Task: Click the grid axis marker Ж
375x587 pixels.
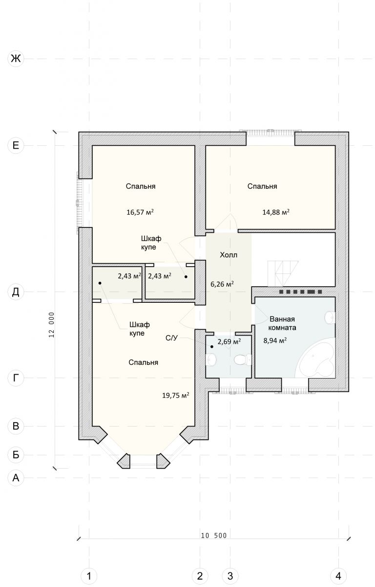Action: click(16, 58)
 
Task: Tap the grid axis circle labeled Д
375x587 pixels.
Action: click(16, 292)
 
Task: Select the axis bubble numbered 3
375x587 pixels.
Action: click(230, 576)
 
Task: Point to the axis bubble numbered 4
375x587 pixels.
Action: click(338, 576)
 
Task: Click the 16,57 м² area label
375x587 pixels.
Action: click(140, 212)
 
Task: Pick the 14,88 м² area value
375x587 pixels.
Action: click(275, 212)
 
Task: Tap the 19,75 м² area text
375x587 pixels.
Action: click(175, 395)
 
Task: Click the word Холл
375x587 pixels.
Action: click(229, 255)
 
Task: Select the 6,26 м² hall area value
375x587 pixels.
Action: click(222, 284)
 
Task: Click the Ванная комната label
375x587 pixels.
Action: click(282, 323)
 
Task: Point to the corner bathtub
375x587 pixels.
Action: click(315, 358)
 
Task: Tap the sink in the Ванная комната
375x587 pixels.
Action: click(330, 317)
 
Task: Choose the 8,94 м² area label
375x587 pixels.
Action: click(275, 340)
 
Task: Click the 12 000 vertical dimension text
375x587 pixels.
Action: click(52, 325)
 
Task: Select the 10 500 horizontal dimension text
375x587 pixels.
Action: click(214, 535)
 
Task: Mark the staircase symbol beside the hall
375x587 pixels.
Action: click(283, 273)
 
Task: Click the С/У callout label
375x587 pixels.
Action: click(171, 338)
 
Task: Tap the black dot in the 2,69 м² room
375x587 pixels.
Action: click(212, 347)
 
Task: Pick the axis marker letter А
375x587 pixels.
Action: click(16, 478)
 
